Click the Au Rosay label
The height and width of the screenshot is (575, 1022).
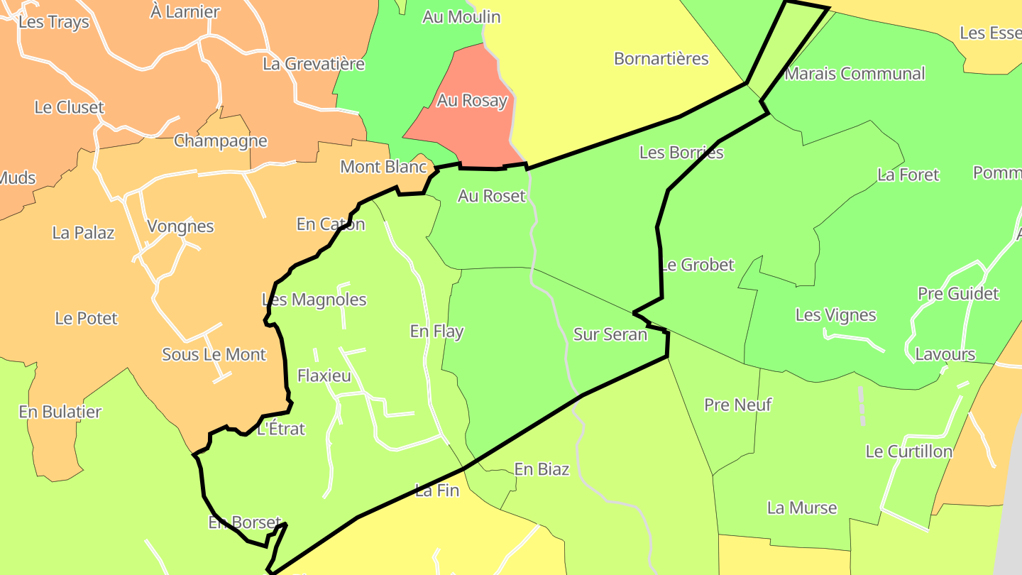(472, 101)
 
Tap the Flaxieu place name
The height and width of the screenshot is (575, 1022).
(324, 376)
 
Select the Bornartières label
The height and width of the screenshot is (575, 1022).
(661, 58)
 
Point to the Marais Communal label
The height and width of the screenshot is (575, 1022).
(855, 74)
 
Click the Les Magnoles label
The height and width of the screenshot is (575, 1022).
(314, 300)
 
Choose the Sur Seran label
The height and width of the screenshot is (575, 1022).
(610, 334)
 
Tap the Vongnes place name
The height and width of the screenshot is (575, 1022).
(180, 226)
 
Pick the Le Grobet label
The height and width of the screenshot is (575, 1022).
(698, 265)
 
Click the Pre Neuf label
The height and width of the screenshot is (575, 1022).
(737, 405)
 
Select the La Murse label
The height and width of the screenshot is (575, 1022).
(802, 508)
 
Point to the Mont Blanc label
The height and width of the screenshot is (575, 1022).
(383, 167)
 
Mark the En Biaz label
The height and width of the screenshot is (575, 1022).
(542, 469)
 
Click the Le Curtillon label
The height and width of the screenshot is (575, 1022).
(909, 451)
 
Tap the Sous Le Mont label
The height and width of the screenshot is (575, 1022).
(214, 354)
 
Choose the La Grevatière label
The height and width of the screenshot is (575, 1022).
(314, 64)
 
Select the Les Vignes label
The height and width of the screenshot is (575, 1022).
(835, 315)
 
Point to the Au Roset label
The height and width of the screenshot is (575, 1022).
(491, 196)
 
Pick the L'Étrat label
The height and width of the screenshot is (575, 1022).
(281, 429)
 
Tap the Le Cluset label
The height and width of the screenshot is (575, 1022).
(69, 107)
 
